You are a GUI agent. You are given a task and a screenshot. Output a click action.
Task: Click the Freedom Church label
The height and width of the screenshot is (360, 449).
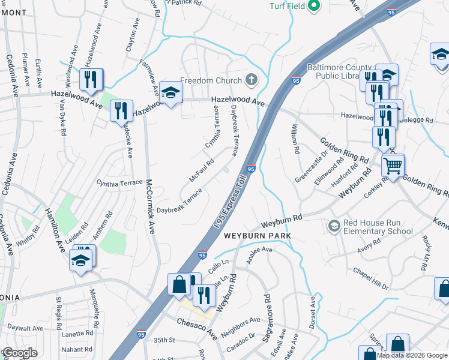[x=211, y=80]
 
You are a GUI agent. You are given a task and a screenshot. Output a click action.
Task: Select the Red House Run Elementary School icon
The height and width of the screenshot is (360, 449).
[x=334, y=226]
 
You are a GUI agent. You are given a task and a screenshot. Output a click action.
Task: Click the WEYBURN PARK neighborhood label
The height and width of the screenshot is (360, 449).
[x=258, y=236]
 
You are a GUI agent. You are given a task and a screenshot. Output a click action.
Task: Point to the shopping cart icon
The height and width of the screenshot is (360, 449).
[x=393, y=165]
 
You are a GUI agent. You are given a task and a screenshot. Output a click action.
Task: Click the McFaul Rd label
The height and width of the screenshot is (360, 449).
[x=202, y=170]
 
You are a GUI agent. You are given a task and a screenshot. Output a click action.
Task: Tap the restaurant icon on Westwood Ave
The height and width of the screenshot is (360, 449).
[x=91, y=79]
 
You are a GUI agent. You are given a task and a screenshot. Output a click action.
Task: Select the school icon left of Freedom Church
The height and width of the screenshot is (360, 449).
[x=170, y=92]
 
